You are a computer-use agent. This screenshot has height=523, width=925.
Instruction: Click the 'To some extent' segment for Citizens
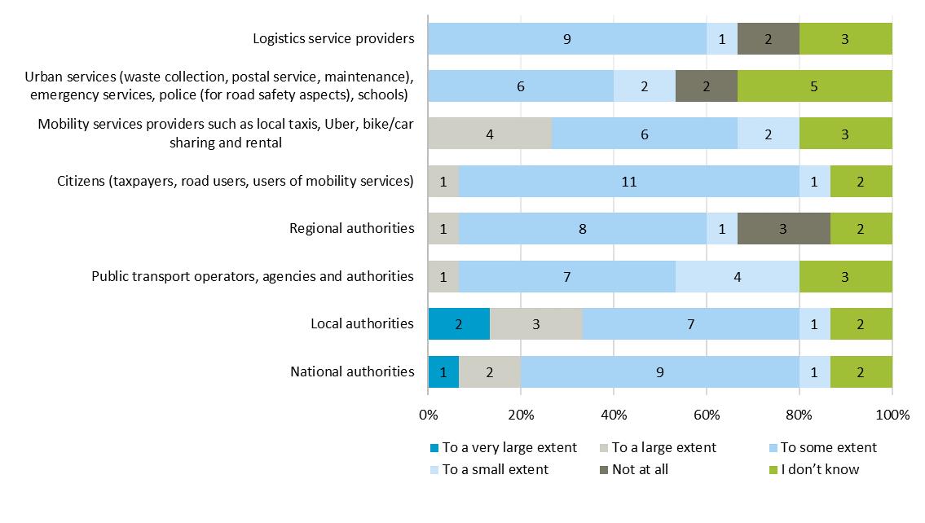pyautogui.click(x=628, y=181)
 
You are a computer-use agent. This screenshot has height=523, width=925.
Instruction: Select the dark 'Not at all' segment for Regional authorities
pyautogui.click(x=783, y=228)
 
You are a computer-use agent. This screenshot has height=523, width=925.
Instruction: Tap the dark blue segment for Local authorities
pyautogui.click(x=459, y=323)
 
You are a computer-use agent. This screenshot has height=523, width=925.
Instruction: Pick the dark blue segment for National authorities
pyautogui.click(x=443, y=371)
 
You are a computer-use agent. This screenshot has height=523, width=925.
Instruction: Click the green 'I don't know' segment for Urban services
pyautogui.click(x=814, y=86)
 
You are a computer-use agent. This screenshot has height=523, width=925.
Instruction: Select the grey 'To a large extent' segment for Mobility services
pyautogui.click(x=490, y=134)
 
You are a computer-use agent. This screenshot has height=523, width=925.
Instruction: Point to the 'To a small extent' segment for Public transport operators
pyautogui.click(x=737, y=276)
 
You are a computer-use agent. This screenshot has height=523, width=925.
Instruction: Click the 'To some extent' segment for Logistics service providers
pyautogui.click(x=566, y=38)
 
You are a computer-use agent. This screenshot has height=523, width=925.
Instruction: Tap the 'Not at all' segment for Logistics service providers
pyautogui.click(x=768, y=38)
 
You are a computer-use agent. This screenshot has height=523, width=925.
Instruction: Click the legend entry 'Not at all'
pyautogui.click(x=640, y=469)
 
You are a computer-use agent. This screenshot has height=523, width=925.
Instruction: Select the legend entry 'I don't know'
pyautogui.click(x=819, y=469)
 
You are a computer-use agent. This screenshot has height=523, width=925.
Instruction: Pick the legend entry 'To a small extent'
pyautogui.click(x=495, y=469)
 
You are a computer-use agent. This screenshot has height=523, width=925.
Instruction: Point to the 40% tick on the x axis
pyautogui.click(x=614, y=415)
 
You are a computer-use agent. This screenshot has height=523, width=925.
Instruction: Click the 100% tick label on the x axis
pyautogui.click(x=892, y=415)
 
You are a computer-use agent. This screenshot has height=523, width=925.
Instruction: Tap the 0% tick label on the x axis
pyautogui.click(x=428, y=415)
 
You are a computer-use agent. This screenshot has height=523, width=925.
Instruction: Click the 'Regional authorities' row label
pyautogui.click(x=352, y=228)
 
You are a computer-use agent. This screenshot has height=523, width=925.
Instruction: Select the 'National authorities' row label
pyautogui.click(x=352, y=371)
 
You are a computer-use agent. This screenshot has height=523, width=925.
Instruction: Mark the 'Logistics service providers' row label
pyautogui.click(x=333, y=38)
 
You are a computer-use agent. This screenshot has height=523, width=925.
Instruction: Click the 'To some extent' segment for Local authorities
pyautogui.click(x=690, y=323)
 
